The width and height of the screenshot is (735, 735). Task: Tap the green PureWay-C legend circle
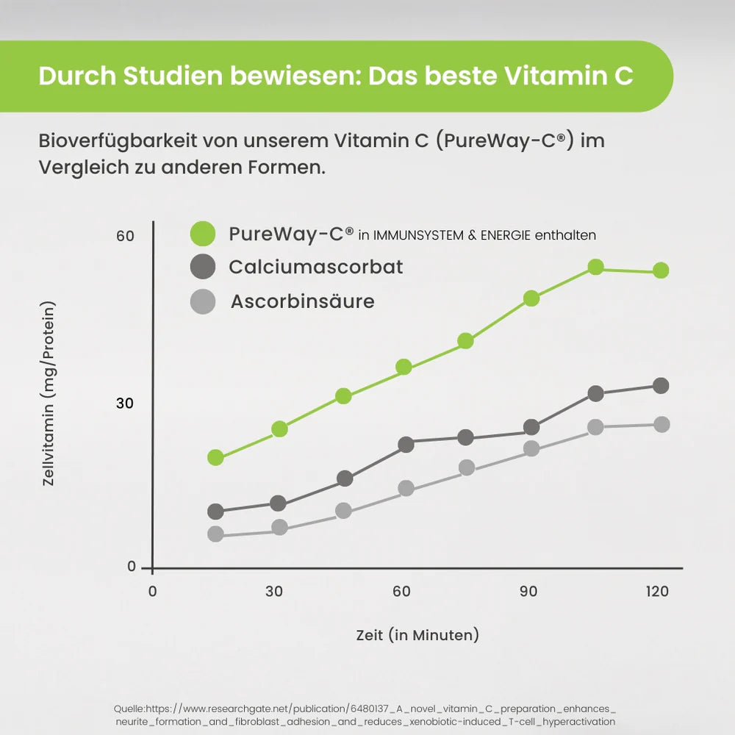(203, 234)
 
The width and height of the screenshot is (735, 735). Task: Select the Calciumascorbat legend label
(316, 267)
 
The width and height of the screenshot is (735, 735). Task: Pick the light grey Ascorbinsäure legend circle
(203, 301)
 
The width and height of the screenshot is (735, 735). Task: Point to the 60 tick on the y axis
(125, 236)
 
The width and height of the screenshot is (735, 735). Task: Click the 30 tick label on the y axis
(125, 404)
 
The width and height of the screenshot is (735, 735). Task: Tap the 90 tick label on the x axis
(528, 592)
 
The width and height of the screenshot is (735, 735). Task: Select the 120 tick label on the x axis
(658, 592)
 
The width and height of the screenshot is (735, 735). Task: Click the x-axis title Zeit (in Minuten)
(417, 634)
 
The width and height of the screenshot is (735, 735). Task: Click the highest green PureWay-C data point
(595, 267)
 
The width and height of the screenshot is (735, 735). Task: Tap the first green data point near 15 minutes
(215, 457)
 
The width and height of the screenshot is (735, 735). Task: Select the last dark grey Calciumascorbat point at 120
(661, 385)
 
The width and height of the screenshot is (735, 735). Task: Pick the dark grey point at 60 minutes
(406, 444)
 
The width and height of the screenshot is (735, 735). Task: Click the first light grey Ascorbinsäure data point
(215, 534)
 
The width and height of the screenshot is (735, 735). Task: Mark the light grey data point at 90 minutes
(531, 448)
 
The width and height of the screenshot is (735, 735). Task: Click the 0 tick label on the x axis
(152, 592)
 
